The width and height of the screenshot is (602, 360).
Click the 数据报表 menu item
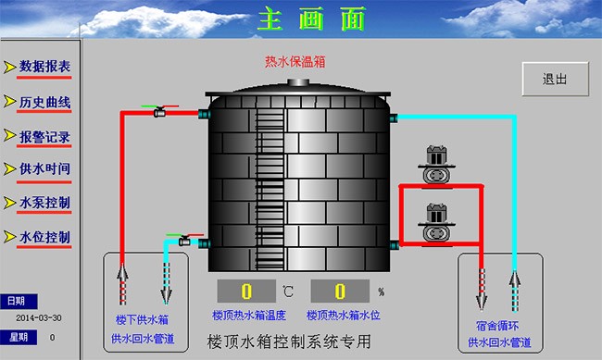coord(44,67)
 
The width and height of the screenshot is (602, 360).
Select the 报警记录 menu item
coord(44,137)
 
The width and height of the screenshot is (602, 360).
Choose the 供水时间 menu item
coord(44,169)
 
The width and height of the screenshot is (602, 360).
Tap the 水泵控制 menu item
coord(44,203)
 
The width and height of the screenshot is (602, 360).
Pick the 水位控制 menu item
coord(44,237)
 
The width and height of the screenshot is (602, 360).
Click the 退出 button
coord(555,79)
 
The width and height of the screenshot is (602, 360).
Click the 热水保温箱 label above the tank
coord(295,62)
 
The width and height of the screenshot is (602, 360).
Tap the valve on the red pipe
coord(159,111)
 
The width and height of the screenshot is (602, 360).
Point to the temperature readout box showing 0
coord(247,292)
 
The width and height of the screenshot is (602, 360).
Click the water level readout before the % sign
coord(341,292)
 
